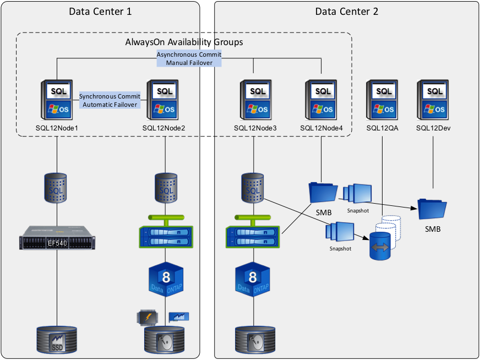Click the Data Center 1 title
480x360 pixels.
100,12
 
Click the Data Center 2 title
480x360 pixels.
347,12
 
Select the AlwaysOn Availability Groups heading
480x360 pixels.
184,42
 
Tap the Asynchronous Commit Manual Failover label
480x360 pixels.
189,59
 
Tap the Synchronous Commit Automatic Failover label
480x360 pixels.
110,100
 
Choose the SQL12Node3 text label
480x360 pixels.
255,128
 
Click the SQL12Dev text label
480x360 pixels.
433,128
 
